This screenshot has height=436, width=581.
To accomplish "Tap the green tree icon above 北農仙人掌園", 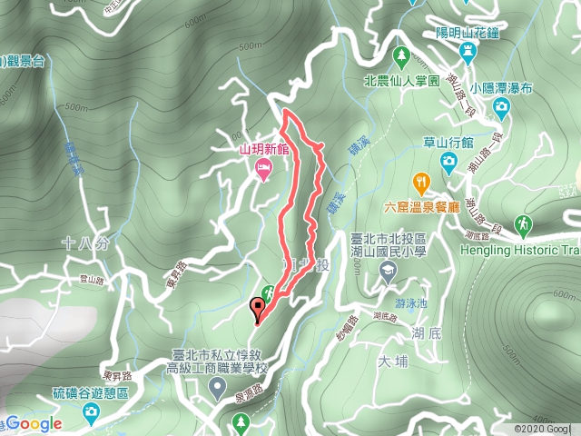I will (x=401, y=58).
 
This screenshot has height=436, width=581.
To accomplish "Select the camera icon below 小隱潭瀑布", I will (x=501, y=108).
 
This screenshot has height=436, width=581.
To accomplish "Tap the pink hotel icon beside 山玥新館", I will (x=263, y=167).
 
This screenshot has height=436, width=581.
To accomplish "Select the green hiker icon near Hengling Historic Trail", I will (x=524, y=223).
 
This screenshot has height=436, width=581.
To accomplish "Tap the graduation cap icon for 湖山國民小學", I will (x=389, y=270).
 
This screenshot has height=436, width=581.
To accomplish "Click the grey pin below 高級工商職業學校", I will (x=217, y=390).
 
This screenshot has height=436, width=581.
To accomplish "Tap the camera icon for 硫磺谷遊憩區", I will (x=91, y=413).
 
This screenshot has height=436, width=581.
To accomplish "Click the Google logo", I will (x=35, y=423).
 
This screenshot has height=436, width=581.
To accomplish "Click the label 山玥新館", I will (x=263, y=150).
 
